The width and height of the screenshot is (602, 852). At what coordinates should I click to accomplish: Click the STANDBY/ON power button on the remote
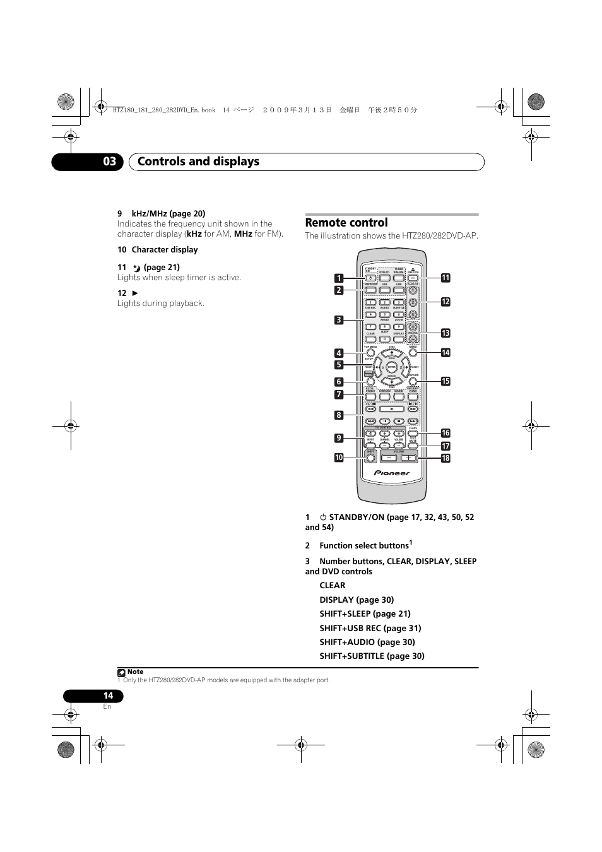coord(370,278)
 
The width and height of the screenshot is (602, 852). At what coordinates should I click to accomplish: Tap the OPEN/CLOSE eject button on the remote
coord(413,278)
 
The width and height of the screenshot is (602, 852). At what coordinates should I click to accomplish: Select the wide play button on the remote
coord(391,409)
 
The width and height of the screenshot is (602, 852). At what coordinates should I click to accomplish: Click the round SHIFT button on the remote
coord(370,458)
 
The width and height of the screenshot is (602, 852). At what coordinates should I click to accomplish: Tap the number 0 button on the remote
coord(384,340)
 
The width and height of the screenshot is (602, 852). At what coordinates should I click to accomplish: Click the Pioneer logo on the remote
coord(392,473)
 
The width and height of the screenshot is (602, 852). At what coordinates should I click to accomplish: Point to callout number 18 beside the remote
coord(446,458)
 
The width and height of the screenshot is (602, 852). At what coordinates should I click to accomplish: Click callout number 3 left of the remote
coord(339,320)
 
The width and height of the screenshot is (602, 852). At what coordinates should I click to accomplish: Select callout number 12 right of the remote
coord(446,302)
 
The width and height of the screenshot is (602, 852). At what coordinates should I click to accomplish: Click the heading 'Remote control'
coord(346,223)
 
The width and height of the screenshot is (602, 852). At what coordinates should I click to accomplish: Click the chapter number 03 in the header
coord(110,162)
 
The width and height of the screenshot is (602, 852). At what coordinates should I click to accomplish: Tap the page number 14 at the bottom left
coord(108,695)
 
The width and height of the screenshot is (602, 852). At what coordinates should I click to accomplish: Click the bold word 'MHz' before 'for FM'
coord(243,234)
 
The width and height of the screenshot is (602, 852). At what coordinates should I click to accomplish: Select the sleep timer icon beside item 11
coord(137,268)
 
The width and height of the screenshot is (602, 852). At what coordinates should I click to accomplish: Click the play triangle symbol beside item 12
coord(134,293)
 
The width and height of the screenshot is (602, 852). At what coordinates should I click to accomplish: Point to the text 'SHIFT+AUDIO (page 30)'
coord(367,642)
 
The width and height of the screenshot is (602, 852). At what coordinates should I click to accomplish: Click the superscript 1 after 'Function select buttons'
coord(411,542)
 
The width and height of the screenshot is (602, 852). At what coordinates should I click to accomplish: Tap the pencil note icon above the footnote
coord(121,673)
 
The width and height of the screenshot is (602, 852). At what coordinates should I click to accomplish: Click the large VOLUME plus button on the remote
coord(408,458)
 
